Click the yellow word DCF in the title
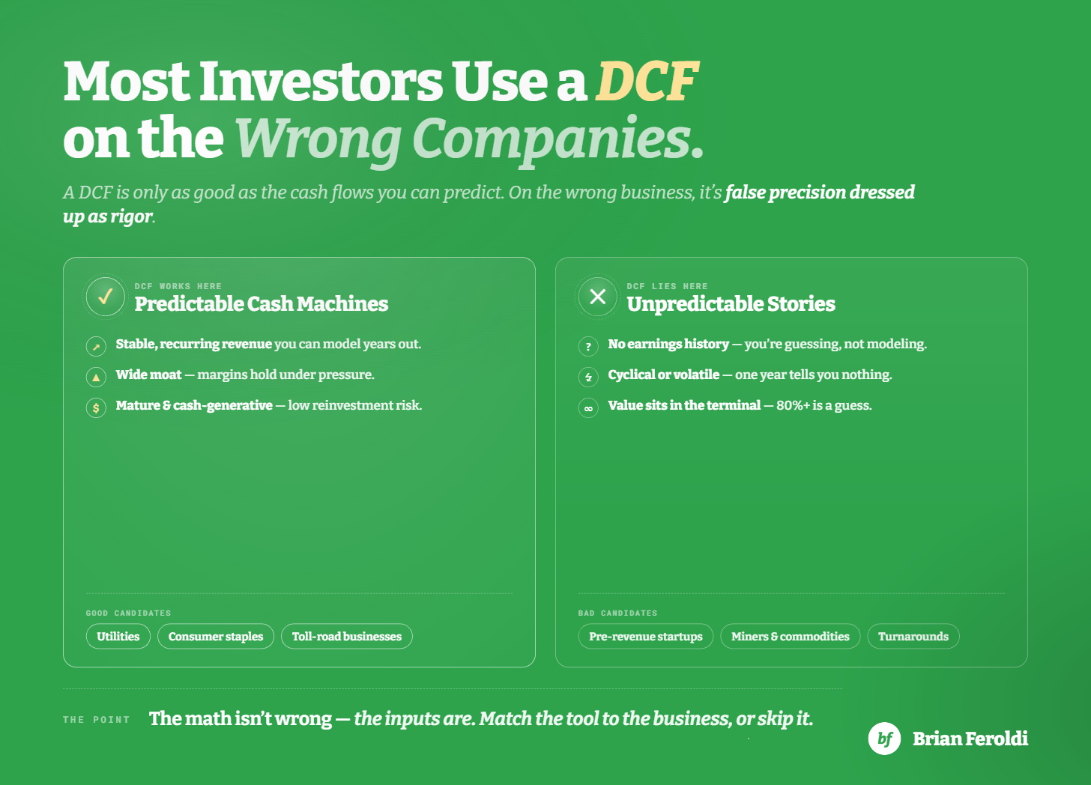pyautogui.click(x=647, y=81)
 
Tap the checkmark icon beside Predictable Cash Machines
pyautogui.click(x=105, y=296)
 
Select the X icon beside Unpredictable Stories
pyautogui.click(x=598, y=296)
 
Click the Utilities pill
pyautogui.click(x=118, y=637)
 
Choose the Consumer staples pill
pyautogui.click(x=216, y=637)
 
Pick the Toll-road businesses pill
pyautogui.click(x=347, y=637)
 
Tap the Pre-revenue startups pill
pyautogui.click(x=646, y=637)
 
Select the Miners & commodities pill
pyautogui.click(x=791, y=637)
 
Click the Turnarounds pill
pyautogui.click(x=913, y=637)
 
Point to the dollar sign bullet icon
pyautogui.click(x=96, y=407)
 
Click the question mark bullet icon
pyautogui.click(x=588, y=346)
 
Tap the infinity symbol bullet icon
pyautogui.click(x=588, y=407)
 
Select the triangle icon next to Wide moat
pyautogui.click(x=96, y=377)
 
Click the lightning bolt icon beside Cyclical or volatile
pyautogui.click(x=588, y=377)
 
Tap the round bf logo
pyautogui.click(x=884, y=739)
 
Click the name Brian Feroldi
pyautogui.click(x=970, y=739)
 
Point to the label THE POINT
pyautogui.click(x=97, y=720)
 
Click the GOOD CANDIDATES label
pyautogui.click(x=129, y=613)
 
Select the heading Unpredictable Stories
pyautogui.click(x=731, y=304)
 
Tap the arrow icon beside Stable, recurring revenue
pyautogui.click(x=96, y=346)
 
